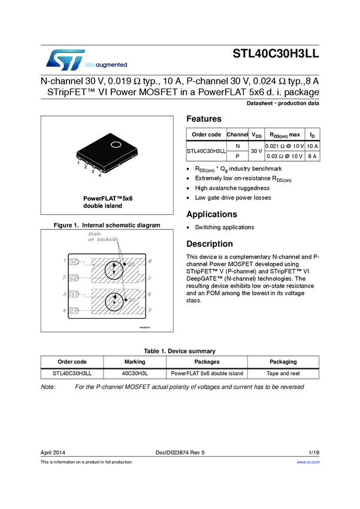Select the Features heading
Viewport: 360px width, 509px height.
[x=204, y=119]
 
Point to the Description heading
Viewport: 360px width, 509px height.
[x=210, y=244]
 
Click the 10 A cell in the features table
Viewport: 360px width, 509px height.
[x=312, y=146]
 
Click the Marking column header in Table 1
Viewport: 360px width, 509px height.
[x=135, y=362]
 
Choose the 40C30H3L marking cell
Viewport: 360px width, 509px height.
[x=135, y=373]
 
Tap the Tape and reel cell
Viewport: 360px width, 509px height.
[x=283, y=373]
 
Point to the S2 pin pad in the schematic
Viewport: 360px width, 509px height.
[x=74, y=262]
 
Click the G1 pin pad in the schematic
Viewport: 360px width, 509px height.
[x=74, y=311]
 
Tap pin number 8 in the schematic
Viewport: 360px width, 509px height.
[x=149, y=262]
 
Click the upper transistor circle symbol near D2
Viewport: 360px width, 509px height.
[x=114, y=269]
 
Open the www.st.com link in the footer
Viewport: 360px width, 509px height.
[x=308, y=462]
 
